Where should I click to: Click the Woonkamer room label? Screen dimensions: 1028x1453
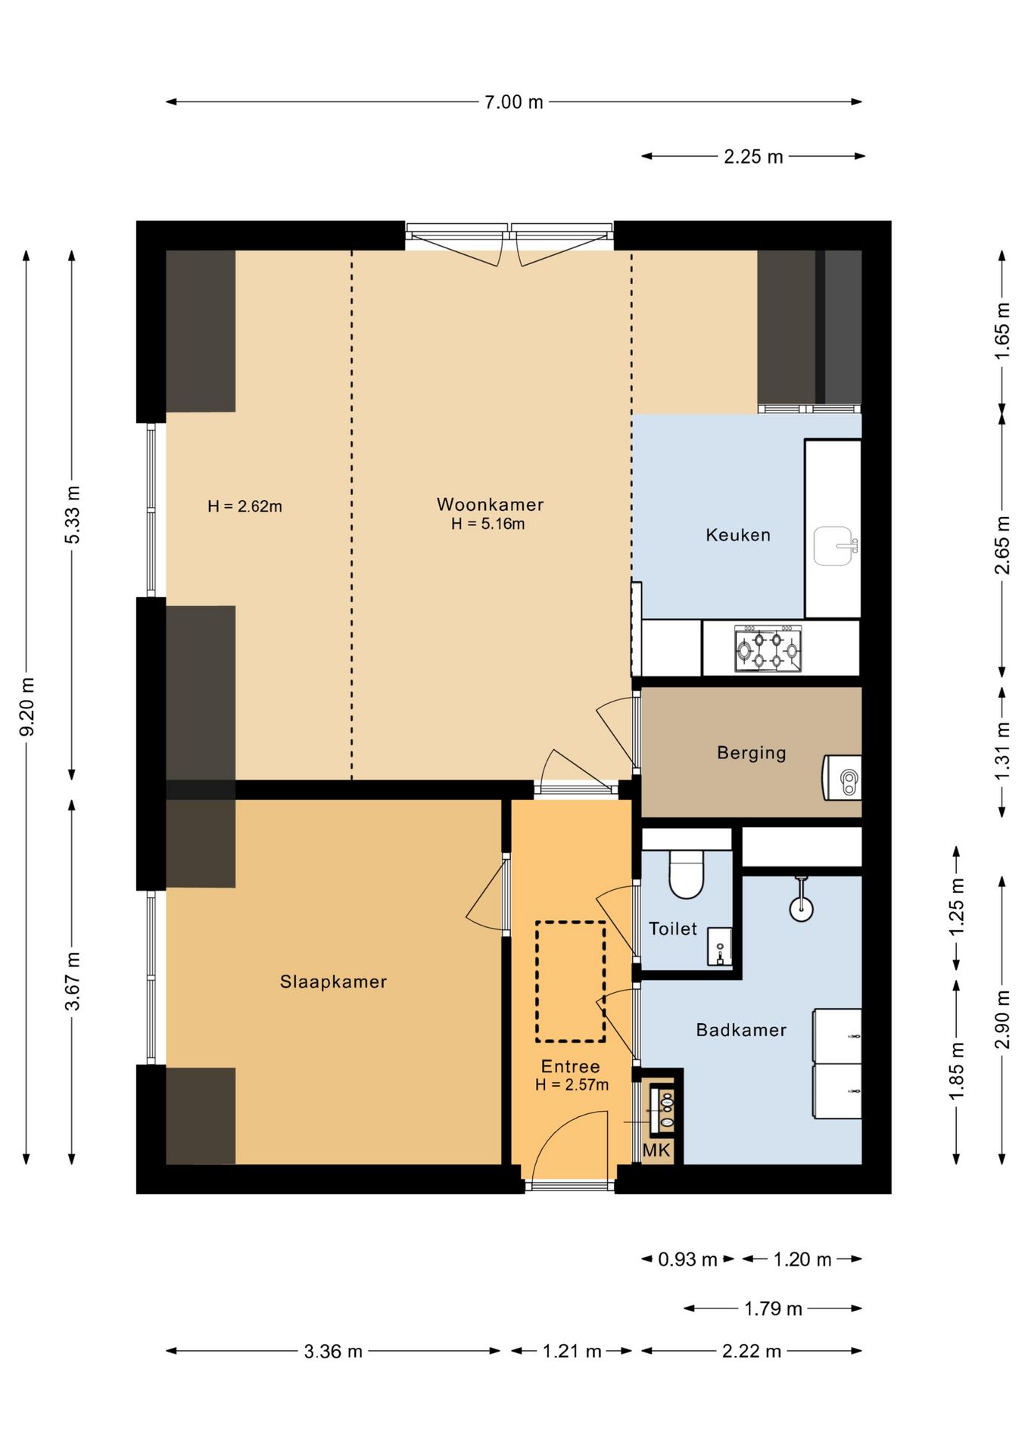click(x=490, y=504)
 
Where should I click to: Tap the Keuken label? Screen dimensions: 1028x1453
click(x=738, y=535)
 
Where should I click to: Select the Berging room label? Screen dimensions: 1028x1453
click(x=752, y=753)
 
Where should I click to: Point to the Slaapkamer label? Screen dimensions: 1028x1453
click(x=333, y=982)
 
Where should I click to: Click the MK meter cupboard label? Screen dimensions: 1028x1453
click(x=656, y=1150)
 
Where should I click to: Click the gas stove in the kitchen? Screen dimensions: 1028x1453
click(x=768, y=649)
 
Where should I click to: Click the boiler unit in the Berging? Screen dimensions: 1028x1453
click(x=843, y=777)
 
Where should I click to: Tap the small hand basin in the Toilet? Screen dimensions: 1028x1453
click(x=719, y=947)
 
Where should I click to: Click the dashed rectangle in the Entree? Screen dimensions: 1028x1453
click(x=571, y=982)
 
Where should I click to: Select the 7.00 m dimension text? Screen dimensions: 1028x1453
click(x=514, y=102)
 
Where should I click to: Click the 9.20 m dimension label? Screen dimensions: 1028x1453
click(x=27, y=707)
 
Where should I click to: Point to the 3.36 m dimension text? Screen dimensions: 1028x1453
click(x=333, y=1351)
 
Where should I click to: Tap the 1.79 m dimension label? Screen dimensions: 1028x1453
click(x=773, y=1308)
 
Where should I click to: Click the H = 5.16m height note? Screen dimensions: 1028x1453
click(x=488, y=524)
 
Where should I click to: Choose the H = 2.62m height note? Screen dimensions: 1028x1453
click(x=245, y=506)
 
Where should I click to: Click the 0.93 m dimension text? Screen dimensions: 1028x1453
click(x=687, y=1259)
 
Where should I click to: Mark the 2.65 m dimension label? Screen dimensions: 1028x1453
click(x=1002, y=545)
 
